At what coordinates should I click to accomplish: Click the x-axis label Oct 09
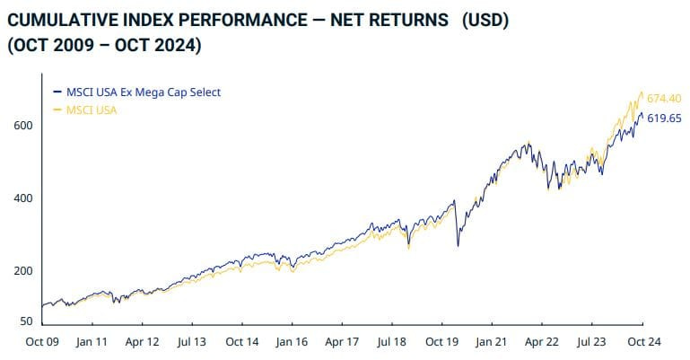(43, 342)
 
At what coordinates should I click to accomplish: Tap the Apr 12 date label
(142, 342)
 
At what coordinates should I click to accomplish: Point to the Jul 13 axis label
(192, 342)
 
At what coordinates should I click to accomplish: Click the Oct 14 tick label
(242, 342)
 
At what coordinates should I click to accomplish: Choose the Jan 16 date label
(293, 342)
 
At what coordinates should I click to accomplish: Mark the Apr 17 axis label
(343, 342)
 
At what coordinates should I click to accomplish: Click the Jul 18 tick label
(393, 342)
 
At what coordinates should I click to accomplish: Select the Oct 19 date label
(443, 342)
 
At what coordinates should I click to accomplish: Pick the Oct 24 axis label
(644, 342)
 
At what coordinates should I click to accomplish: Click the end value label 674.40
(665, 98)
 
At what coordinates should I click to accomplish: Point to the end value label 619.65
(665, 118)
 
